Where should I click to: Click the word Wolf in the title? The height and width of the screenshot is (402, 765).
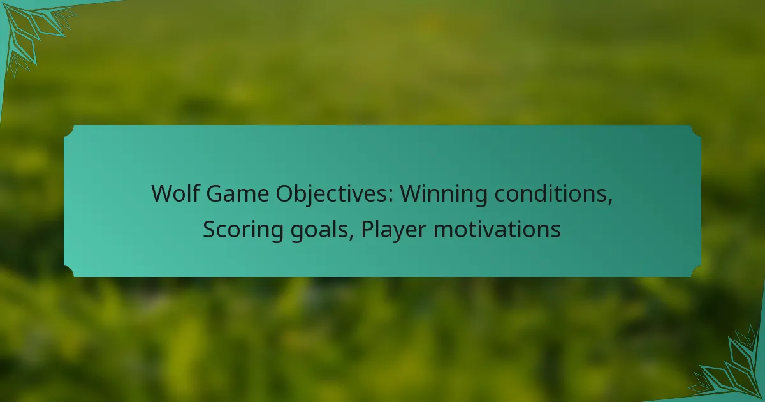coord(175,193)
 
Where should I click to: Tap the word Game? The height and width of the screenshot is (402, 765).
coord(237,194)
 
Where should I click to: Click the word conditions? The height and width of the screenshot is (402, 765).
coord(551,193)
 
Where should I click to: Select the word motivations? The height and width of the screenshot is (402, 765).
coord(497,229)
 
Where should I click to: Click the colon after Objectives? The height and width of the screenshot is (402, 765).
coord(390,197)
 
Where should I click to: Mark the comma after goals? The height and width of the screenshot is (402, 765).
coord(351,238)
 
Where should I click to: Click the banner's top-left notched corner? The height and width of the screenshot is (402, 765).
coord(69,130)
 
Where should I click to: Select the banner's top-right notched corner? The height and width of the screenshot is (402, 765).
coord(696,130)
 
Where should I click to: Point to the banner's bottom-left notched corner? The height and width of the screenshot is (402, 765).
coord(69,272)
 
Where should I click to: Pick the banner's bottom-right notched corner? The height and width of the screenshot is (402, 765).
coord(696,272)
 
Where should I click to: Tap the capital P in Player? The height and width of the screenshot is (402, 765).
coord(368,230)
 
